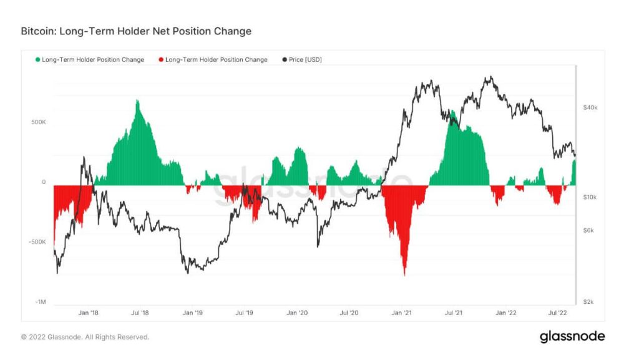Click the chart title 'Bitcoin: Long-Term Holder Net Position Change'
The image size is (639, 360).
point(136,31)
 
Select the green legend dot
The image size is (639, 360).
point(38,60)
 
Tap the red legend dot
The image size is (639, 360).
point(161,60)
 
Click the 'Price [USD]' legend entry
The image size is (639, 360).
point(305,60)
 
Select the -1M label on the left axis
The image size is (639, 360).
point(39,302)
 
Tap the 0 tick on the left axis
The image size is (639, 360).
point(44,182)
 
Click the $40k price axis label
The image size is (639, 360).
point(590,107)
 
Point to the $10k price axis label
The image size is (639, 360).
point(590,197)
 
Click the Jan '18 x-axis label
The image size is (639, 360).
point(88,313)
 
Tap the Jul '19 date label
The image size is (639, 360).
point(245,313)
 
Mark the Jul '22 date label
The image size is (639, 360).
point(557,313)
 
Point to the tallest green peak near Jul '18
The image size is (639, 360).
point(137,100)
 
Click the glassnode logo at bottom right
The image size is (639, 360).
point(572,336)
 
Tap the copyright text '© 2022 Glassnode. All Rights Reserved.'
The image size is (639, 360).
point(85,337)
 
